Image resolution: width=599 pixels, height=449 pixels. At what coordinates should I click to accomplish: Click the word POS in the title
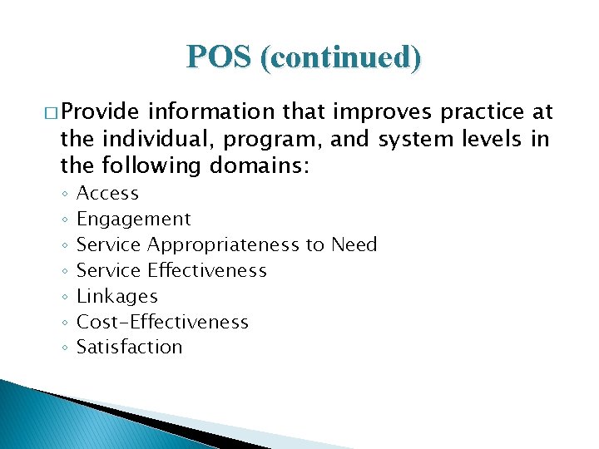[x=220, y=57]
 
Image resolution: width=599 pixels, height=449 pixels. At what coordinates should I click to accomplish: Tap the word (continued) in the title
[x=341, y=57]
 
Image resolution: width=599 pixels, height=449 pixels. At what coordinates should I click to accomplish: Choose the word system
[x=413, y=139]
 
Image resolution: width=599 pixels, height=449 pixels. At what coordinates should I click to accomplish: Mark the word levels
[x=490, y=139]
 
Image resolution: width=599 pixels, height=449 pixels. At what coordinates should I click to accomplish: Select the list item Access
[x=107, y=194]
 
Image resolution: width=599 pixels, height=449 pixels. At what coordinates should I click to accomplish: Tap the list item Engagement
[x=133, y=220]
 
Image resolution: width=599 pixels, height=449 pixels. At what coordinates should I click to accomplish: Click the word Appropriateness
[x=224, y=245]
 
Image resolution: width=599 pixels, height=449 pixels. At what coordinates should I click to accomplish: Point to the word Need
[x=354, y=245]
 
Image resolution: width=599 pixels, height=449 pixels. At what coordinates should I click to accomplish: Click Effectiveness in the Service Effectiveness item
[x=207, y=271]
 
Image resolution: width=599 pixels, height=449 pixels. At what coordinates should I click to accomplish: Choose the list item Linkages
[x=116, y=297]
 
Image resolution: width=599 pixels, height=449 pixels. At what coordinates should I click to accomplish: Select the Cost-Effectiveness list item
[x=162, y=323]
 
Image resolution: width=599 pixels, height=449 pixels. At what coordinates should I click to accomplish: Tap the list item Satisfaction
[x=129, y=348]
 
